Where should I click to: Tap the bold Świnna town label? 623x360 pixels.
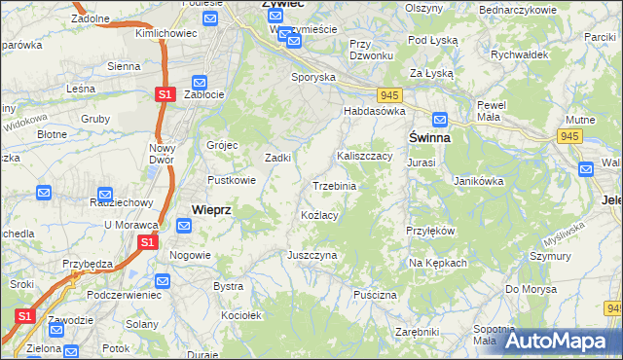(x=429, y=138)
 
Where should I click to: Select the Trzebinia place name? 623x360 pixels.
(x=334, y=186)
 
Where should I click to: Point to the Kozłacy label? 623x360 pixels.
(x=319, y=215)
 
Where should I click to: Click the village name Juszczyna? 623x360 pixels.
(x=311, y=255)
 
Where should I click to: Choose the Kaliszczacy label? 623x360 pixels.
(x=364, y=155)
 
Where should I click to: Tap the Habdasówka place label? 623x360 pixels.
(x=373, y=112)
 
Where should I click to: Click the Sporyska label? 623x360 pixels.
(x=313, y=75)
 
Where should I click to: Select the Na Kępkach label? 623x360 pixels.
(x=438, y=263)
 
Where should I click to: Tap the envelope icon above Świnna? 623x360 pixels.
(x=440, y=120)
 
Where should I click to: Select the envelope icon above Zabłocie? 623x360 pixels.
(x=200, y=83)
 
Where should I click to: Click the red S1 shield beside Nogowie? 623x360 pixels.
(x=147, y=242)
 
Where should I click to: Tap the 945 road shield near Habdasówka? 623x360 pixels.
(x=390, y=93)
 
